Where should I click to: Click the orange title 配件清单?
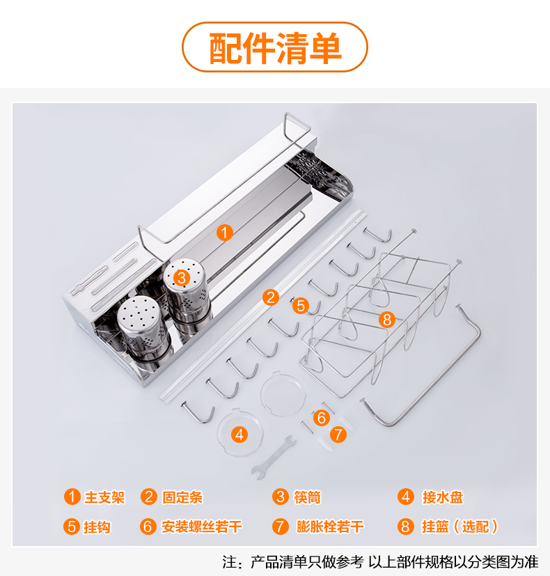click(276, 48)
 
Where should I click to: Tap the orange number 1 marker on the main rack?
click(225, 233)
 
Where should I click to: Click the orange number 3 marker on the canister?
click(182, 278)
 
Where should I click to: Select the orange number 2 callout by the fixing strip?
click(271, 297)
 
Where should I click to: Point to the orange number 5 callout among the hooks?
click(301, 306)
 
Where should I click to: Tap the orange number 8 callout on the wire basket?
click(387, 319)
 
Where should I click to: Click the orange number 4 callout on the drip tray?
click(239, 435)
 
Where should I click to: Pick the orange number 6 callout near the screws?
click(322, 418)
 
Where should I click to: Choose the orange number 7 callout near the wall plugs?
click(338, 435)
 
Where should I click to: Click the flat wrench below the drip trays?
click(274, 458)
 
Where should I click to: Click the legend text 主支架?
click(104, 497)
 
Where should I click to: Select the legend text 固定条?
click(182, 497)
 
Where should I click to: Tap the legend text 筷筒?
click(307, 497)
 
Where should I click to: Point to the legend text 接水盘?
click(442, 497)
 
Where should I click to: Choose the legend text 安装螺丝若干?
click(202, 527)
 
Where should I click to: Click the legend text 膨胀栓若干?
click(330, 527)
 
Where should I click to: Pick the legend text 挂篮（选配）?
click(459, 527)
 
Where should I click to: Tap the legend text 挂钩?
click(97, 527)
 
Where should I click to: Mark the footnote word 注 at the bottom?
click(230, 562)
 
